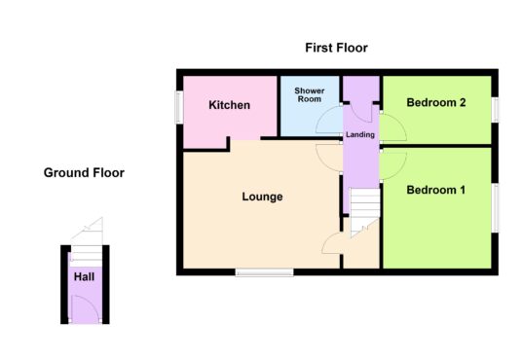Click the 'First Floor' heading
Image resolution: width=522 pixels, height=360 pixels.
(x=336, y=48)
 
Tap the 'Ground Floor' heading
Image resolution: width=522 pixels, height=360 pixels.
(x=84, y=172)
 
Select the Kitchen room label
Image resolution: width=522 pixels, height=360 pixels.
(x=230, y=105)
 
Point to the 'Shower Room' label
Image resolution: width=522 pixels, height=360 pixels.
(x=310, y=94)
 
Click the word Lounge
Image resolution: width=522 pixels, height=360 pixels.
(x=262, y=197)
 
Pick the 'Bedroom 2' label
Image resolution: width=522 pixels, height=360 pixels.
(x=435, y=102)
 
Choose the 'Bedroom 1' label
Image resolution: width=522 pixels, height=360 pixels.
(x=435, y=190)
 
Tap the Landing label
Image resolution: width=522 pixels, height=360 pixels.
(x=360, y=134)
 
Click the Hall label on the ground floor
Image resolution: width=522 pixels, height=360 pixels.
(x=84, y=277)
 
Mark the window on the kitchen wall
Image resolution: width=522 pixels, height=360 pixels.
(x=179, y=107)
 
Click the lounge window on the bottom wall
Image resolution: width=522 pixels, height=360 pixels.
(x=264, y=272)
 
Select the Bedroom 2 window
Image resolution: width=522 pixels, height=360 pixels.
(x=495, y=110)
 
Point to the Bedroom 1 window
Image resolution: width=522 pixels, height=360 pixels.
(x=495, y=208)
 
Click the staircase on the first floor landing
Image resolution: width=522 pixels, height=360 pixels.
(x=365, y=212)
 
